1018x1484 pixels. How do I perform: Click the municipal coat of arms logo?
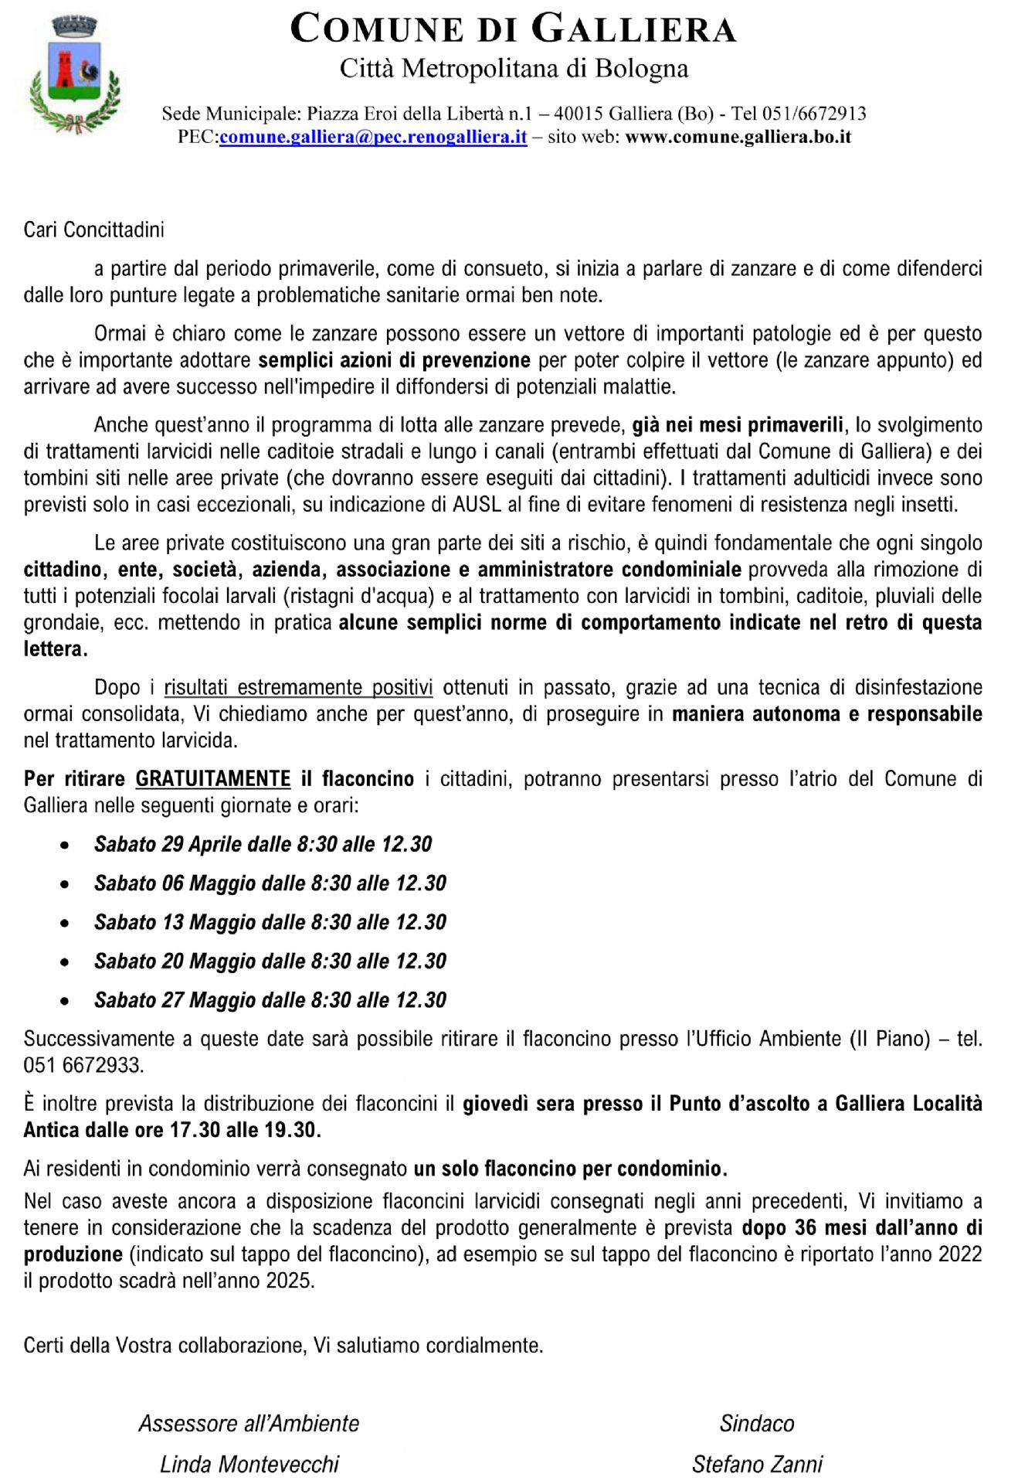point(75,76)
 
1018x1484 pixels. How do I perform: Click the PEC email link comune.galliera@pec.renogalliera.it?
point(372,138)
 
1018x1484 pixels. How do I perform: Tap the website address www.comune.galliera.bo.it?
point(738,138)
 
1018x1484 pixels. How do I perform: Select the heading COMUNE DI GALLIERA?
point(513,29)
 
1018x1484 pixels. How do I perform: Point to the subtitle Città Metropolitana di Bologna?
point(514,69)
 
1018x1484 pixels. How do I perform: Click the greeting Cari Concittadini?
point(93,230)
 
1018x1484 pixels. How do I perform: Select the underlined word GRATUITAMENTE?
point(213,778)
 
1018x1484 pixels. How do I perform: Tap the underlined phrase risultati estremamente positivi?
point(298,687)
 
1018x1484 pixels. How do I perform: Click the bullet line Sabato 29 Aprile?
point(263,844)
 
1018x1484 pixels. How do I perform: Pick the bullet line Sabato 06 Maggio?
point(270,883)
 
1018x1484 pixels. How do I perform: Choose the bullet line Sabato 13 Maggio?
point(270,922)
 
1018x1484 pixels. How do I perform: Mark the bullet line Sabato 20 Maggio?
point(270,961)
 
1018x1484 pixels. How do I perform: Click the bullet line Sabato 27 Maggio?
point(270,1000)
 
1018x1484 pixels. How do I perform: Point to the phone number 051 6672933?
point(83,1065)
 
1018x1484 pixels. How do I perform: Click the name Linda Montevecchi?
point(249,1464)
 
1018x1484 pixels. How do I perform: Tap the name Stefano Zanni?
point(757,1464)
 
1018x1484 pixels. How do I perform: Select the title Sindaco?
point(757,1424)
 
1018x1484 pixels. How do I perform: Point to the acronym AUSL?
point(477,505)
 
